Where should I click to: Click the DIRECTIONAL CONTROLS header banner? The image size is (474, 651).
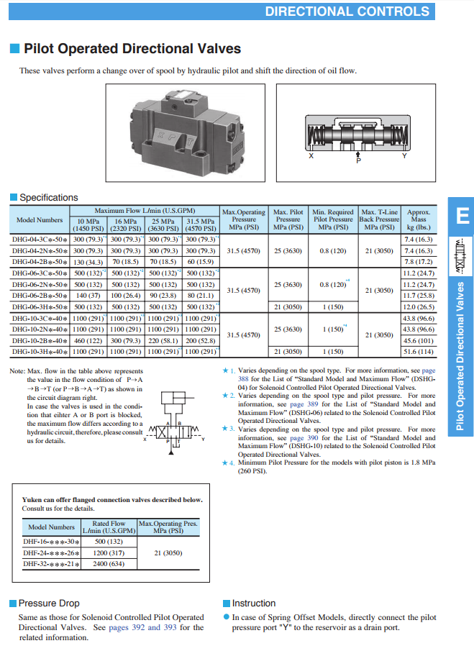(x=347, y=11)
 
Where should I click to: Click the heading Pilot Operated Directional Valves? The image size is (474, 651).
(x=132, y=49)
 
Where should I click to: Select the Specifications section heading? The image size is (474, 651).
(x=48, y=197)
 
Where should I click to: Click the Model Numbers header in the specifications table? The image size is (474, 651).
(x=40, y=220)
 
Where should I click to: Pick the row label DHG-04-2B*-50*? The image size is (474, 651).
(x=40, y=262)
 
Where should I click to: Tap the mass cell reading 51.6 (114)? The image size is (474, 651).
(x=419, y=351)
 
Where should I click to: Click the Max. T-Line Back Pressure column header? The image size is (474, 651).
(x=380, y=219)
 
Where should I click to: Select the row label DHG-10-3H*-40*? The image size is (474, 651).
(x=40, y=351)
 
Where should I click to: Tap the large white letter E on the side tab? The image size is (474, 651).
(x=460, y=215)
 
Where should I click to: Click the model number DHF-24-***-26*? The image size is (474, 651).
(x=51, y=553)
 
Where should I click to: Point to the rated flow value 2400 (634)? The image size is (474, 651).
(x=109, y=563)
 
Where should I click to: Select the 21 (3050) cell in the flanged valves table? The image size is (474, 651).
(x=168, y=553)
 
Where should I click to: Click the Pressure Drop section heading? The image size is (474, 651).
(x=48, y=603)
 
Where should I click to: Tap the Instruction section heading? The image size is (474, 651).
(x=253, y=603)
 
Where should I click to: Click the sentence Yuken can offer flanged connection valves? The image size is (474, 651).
(x=111, y=499)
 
